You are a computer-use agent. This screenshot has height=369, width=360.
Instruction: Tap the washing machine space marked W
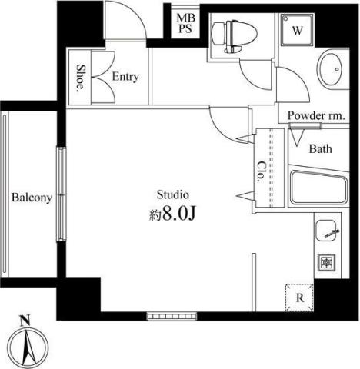tap(298, 30)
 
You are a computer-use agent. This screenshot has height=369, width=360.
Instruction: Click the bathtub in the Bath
tap(318, 188)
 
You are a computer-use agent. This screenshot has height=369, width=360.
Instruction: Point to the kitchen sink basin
tap(326, 231)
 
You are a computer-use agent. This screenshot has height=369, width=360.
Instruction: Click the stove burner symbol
tap(326, 262)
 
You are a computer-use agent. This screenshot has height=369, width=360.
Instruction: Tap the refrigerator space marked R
tap(299, 298)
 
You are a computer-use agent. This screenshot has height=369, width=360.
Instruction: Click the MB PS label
tap(185, 23)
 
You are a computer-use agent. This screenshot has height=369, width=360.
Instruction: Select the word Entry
tap(125, 77)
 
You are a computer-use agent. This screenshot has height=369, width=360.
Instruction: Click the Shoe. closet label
tap(81, 78)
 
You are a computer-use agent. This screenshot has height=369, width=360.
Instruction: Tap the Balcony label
tap(32, 198)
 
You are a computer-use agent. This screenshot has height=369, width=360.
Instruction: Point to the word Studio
tap(173, 194)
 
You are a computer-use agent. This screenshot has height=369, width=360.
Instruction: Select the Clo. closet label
tap(261, 171)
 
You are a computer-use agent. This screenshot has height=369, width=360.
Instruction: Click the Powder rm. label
tap(315, 116)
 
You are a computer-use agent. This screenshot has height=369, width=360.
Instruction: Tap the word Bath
tap(320, 149)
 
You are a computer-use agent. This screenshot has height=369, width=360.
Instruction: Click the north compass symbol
tap(28, 349)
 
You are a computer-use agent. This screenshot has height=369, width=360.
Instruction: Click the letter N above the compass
tap(25, 321)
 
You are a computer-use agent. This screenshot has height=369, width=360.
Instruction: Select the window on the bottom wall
tap(172, 316)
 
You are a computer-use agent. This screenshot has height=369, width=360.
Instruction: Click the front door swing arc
tap(138, 16)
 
